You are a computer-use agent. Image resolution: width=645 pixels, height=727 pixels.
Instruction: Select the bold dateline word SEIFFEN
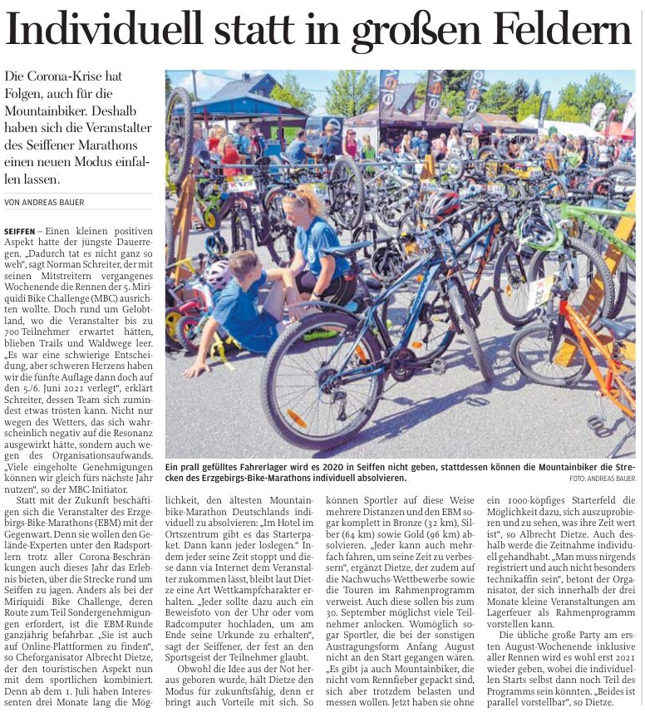(19, 230)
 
